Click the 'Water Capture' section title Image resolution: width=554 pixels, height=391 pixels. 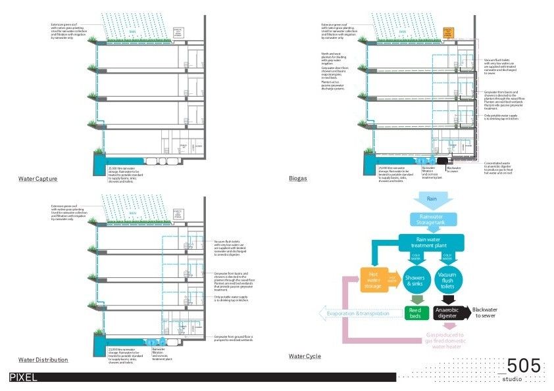(x=38, y=179)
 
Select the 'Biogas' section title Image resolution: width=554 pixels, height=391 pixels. (x=298, y=179)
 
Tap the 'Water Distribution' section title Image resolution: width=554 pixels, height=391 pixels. (x=43, y=360)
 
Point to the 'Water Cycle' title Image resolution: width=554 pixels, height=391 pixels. (x=305, y=356)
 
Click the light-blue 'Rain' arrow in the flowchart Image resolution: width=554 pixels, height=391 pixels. (x=432, y=199)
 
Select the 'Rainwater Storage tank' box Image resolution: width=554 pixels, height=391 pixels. (x=432, y=219)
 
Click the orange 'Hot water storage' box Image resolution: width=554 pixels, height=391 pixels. (x=373, y=279)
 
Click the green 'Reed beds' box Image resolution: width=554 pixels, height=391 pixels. (x=415, y=312)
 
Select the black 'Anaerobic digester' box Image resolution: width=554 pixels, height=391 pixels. (x=447, y=312)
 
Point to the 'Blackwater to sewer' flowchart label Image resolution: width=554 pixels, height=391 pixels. (x=488, y=313)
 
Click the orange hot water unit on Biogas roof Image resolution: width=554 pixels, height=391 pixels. (x=449, y=32)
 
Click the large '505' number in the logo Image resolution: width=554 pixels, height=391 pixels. (x=524, y=365)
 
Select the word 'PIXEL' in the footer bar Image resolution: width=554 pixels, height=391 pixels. (x=23, y=377)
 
